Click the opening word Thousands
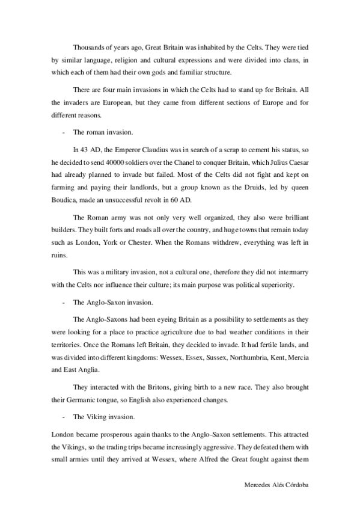[89, 46]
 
